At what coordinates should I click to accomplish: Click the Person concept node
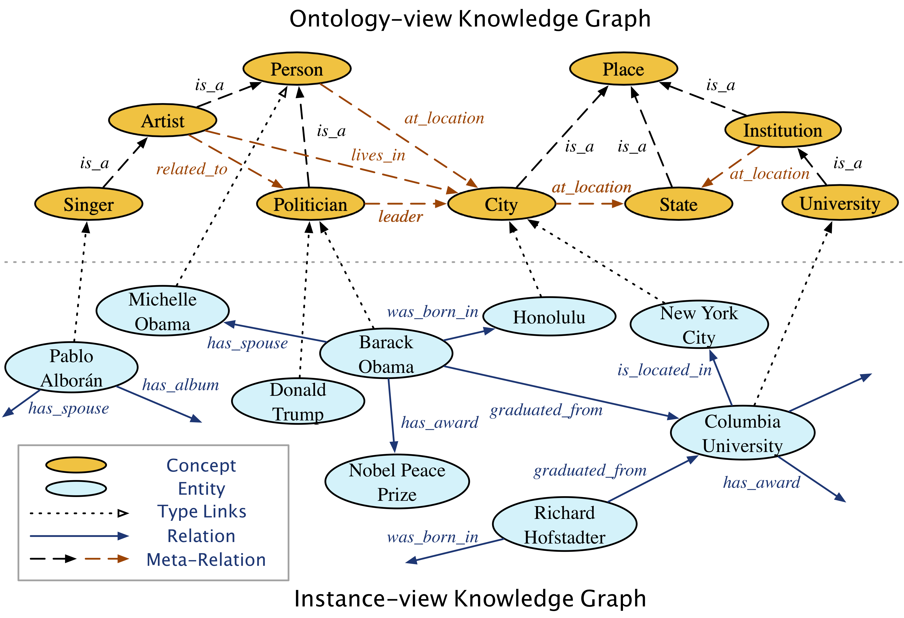click(x=297, y=69)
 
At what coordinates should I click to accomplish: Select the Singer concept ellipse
click(x=89, y=204)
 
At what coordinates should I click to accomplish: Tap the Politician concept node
click(x=310, y=204)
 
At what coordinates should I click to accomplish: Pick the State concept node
click(x=678, y=204)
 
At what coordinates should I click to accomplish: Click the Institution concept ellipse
click(x=783, y=130)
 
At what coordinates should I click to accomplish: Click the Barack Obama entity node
click(x=386, y=354)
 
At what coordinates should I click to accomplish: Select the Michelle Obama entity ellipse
click(x=163, y=311)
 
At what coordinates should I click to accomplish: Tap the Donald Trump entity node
click(x=298, y=401)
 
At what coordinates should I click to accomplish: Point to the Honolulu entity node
click(x=549, y=317)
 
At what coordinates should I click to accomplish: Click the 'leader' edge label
click(x=400, y=217)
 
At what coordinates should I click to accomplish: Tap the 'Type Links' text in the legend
click(x=201, y=512)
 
